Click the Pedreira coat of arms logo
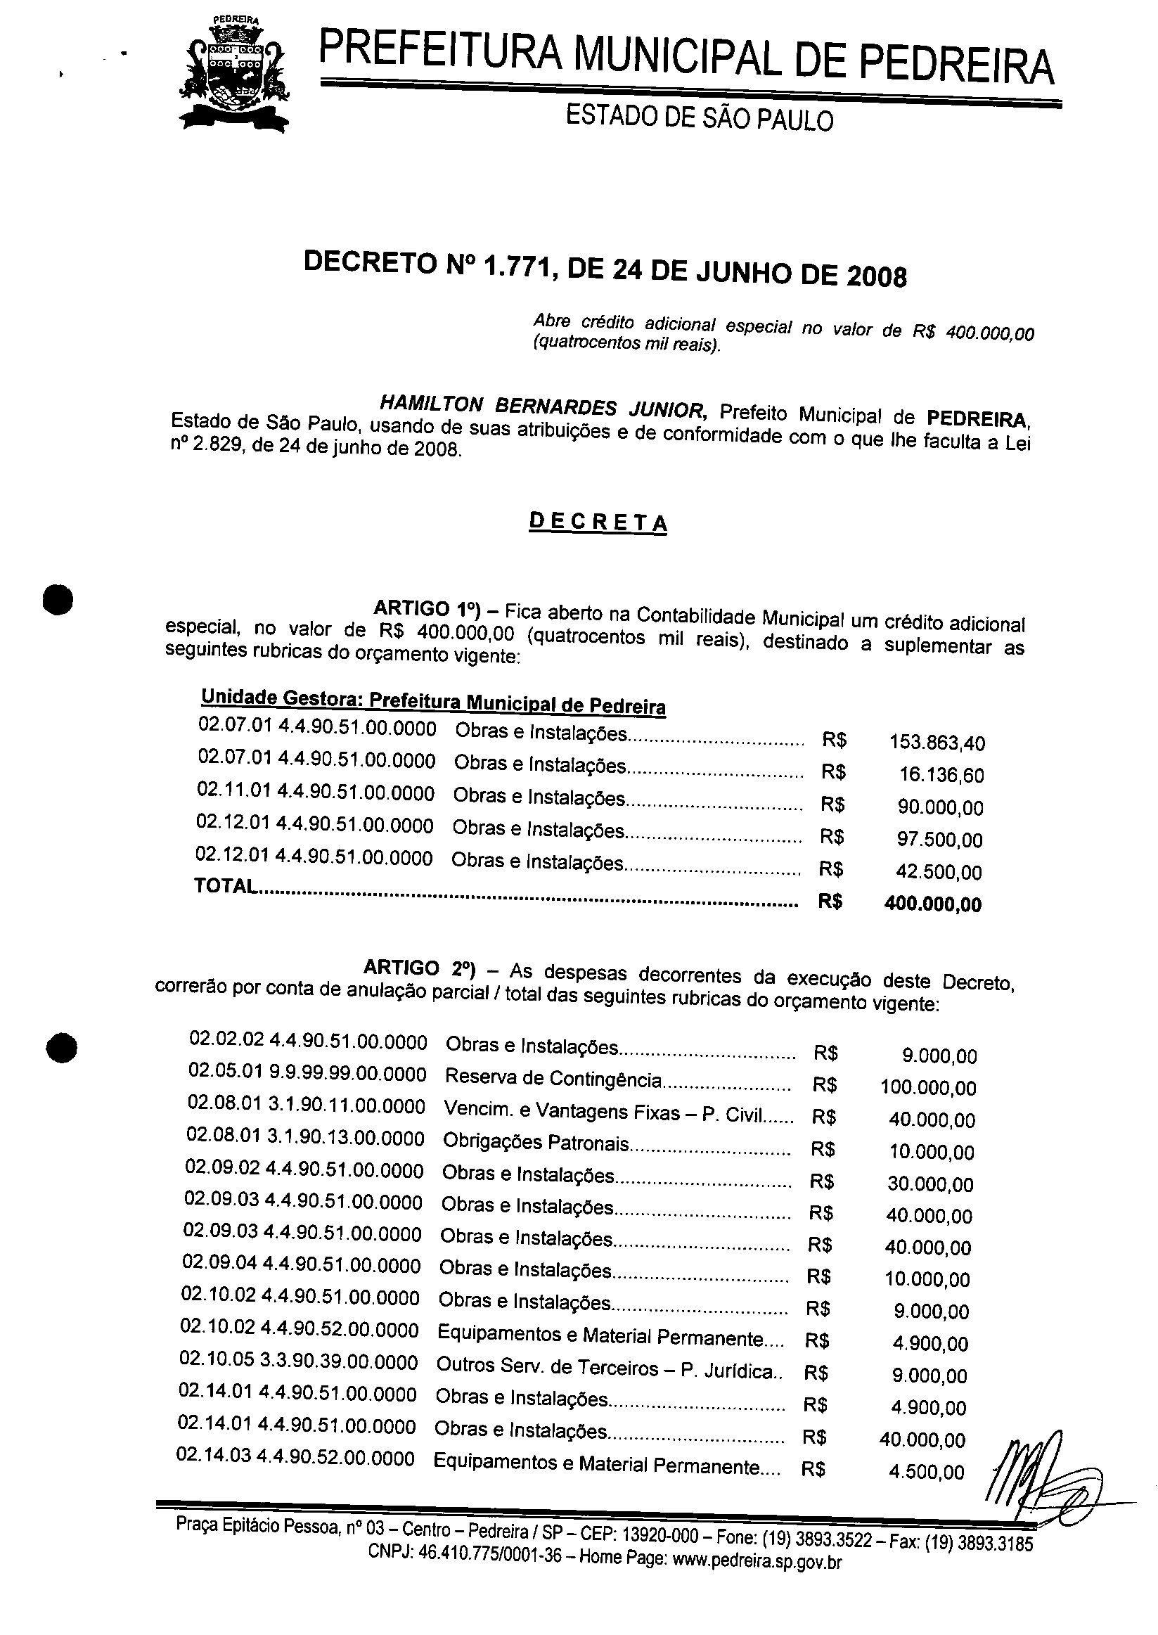(235, 75)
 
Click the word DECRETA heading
(598, 522)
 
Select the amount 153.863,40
(937, 743)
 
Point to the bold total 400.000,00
(933, 904)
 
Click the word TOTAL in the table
(225, 886)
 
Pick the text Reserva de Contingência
(553, 1079)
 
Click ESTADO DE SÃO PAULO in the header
(699, 118)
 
